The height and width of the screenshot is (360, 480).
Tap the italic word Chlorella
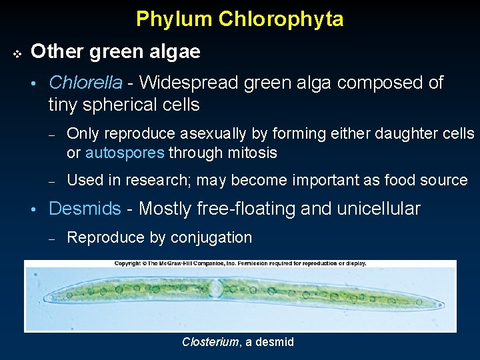86,83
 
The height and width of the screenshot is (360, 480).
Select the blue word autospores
125,153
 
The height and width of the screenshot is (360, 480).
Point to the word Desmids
85,209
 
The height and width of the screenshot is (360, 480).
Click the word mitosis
254,153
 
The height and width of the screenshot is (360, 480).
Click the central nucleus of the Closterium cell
216,288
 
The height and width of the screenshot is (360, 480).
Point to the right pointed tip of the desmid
442,307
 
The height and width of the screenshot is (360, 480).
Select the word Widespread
189,83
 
